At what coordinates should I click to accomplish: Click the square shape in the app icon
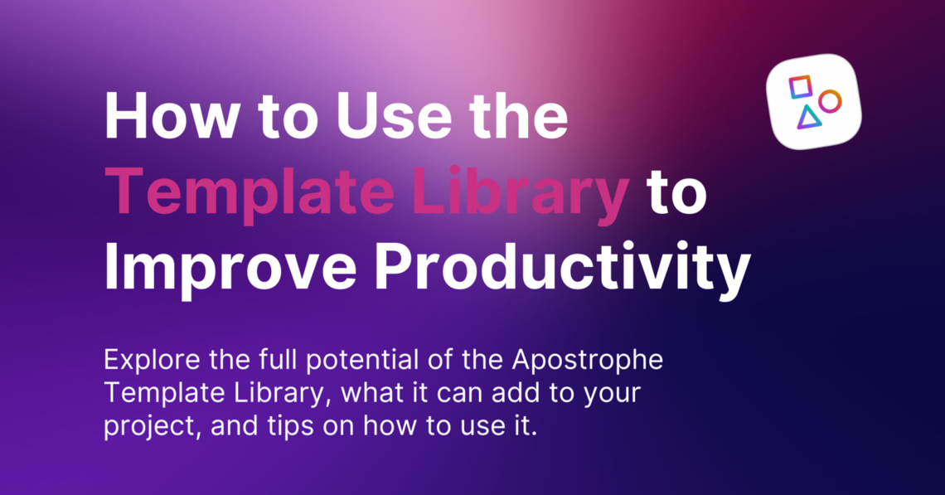pos(800,86)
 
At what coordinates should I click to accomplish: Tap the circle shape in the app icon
pos(830,101)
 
